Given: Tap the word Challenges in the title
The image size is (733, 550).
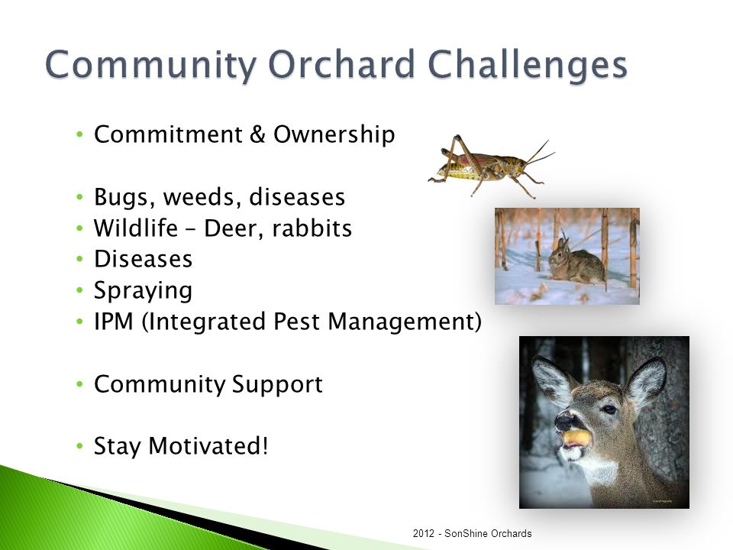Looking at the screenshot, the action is pyautogui.click(x=528, y=64).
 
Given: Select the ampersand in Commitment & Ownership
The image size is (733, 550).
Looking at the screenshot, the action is pyautogui.click(x=257, y=134).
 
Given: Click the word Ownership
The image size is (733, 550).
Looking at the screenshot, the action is pyautogui.click(x=334, y=135).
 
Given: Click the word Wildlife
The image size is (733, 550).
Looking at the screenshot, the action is pyautogui.click(x=136, y=228).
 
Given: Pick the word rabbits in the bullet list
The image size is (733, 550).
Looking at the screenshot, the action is pyautogui.click(x=312, y=228).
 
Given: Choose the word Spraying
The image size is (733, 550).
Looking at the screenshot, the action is pyautogui.click(x=143, y=290).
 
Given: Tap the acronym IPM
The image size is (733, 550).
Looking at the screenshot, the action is pyautogui.click(x=114, y=322).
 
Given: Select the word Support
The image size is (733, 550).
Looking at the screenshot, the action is pyautogui.click(x=277, y=385).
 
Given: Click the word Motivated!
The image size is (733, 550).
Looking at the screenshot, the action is pyautogui.click(x=208, y=445).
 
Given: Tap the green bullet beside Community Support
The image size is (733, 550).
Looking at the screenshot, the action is pyautogui.click(x=79, y=385).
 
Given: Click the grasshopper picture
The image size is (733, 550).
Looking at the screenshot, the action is pyautogui.click(x=491, y=166).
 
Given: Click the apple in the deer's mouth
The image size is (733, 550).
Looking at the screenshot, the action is pyautogui.click(x=577, y=438).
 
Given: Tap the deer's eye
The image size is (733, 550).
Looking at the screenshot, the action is pyautogui.click(x=609, y=409).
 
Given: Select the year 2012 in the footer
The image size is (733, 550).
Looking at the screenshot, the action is pyautogui.click(x=424, y=534).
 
